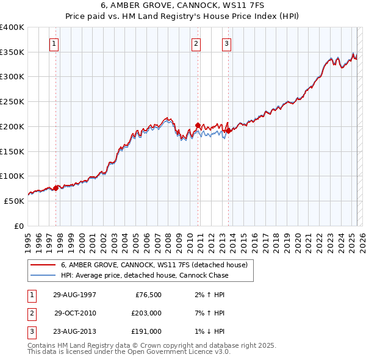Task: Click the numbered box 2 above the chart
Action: [196, 43]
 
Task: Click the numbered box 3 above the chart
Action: [226, 43]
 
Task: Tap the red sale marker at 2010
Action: [198, 125]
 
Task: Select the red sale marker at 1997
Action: [56, 188]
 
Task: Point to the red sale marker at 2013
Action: [228, 131]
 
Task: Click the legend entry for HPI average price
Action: [144, 275]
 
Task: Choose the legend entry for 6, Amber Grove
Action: [154, 265]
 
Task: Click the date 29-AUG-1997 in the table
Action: [74, 295]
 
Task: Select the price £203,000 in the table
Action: [146, 313]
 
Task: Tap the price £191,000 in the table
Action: [146, 331]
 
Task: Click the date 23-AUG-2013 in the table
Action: [74, 331]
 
